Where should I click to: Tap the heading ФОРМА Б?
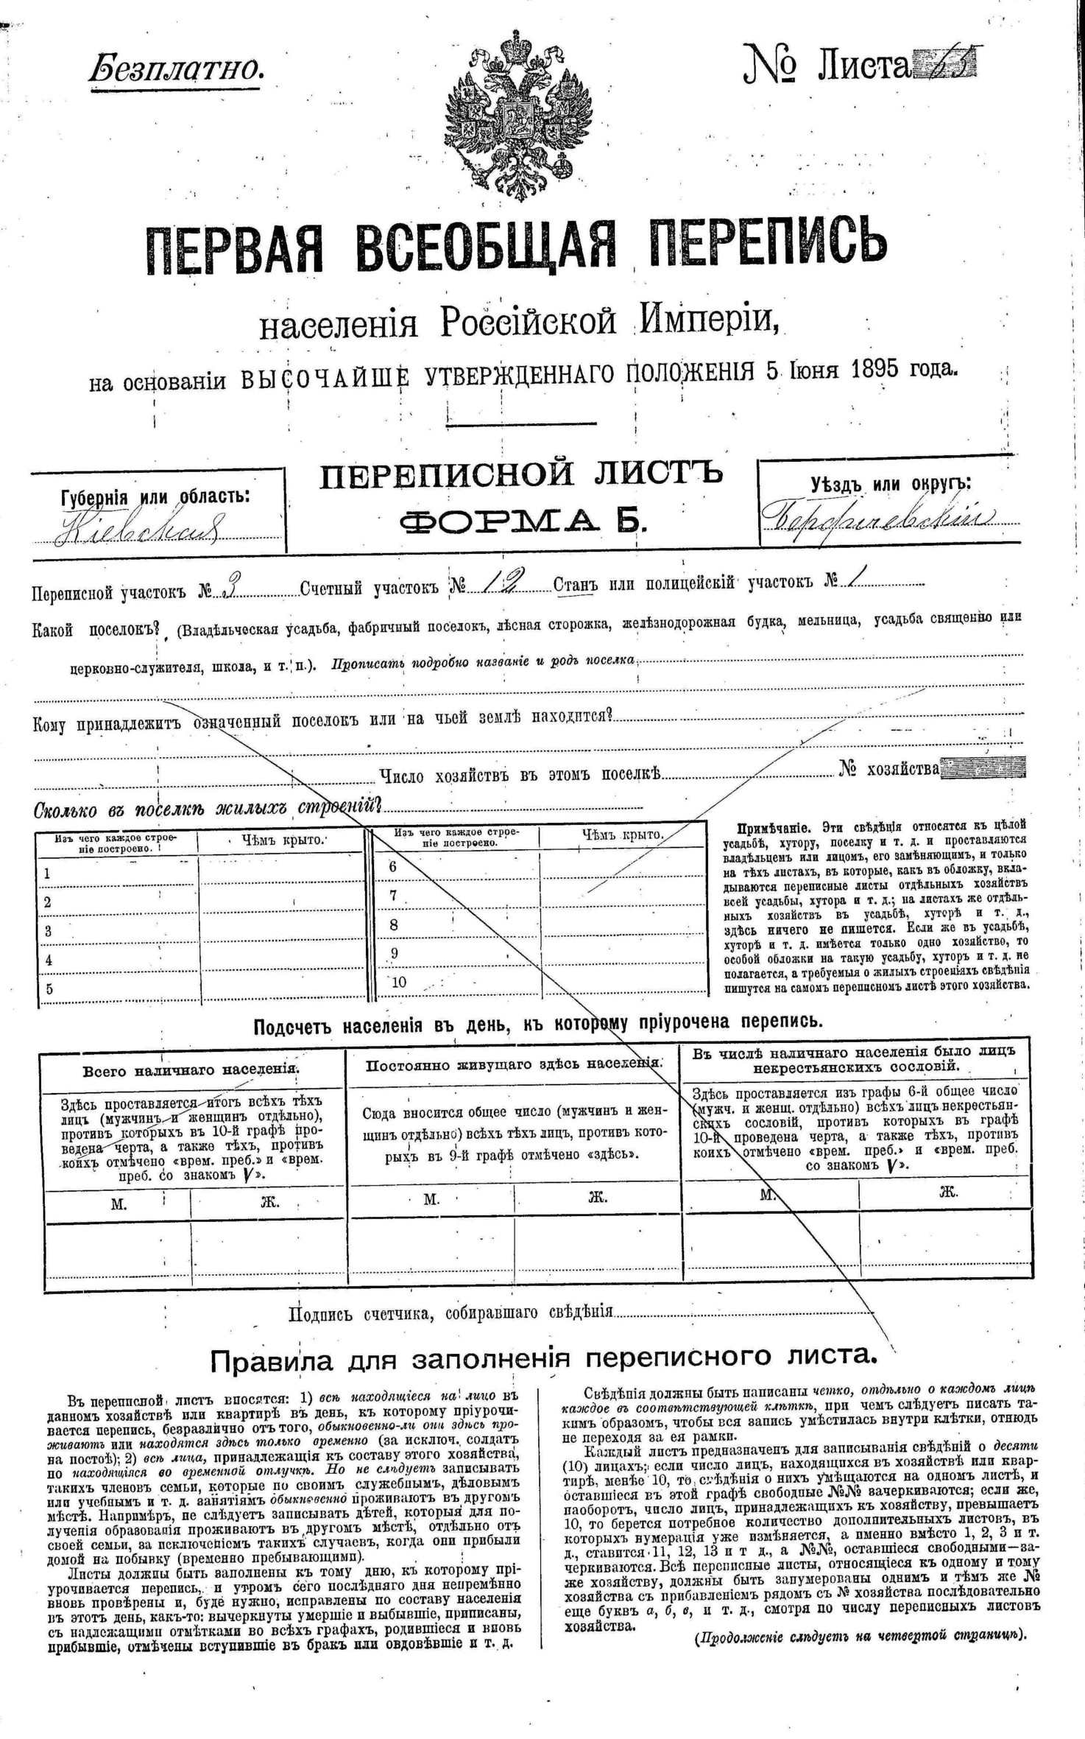coord(523,521)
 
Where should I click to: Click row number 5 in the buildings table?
coord(49,988)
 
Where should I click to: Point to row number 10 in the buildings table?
coord(398,981)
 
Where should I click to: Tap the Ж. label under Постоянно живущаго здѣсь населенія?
coord(597,1198)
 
